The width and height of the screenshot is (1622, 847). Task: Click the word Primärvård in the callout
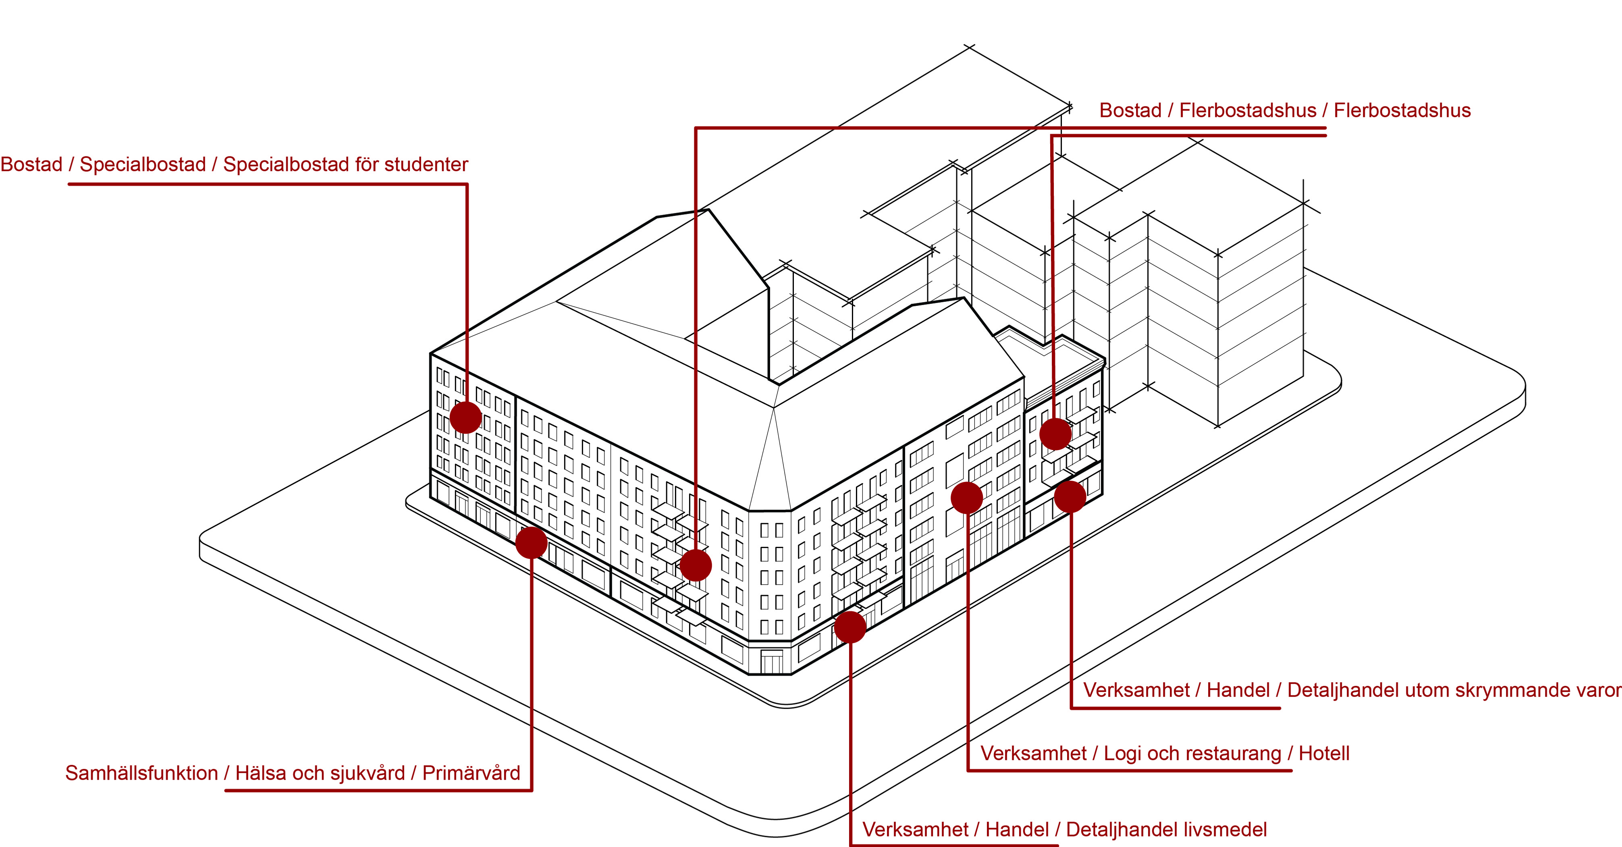[x=471, y=773]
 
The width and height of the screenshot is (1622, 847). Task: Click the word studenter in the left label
[x=426, y=164]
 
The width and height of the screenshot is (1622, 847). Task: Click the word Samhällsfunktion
[x=141, y=773]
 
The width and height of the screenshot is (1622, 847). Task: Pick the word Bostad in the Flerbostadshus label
[x=1130, y=110]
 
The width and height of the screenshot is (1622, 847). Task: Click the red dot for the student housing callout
[x=466, y=417]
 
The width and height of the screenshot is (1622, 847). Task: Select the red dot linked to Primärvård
[x=532, y=542]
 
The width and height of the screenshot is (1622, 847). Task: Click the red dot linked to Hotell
[x=966, y=498]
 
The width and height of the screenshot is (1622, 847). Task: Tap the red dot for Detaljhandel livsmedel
[x=850, y=627]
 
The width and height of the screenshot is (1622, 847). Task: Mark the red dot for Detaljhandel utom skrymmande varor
[x=1070, y=496]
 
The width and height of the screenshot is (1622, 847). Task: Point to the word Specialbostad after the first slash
[x=143, y=164]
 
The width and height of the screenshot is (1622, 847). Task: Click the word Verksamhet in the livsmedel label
[x=915, y=829]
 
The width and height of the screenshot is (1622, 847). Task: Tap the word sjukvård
[x=368, y=773]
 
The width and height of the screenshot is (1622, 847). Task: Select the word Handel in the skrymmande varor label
[x=1238, y=690]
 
